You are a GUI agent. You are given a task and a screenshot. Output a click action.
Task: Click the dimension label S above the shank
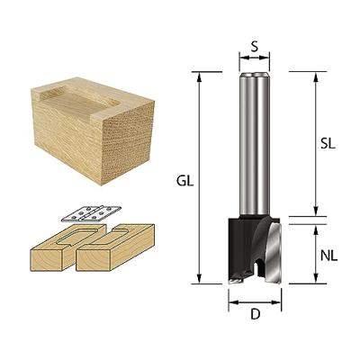(x=254, y=47)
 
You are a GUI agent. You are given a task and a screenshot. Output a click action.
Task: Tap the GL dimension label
(x=184, y=182)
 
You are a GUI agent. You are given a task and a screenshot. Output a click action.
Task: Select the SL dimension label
(x=327, y=144)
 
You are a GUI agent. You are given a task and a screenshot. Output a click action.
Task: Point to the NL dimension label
(x=329, y=256)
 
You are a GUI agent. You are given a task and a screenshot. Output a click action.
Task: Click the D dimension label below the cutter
(x=255, y=314)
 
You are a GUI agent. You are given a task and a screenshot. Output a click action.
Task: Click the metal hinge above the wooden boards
(x=91, y=214)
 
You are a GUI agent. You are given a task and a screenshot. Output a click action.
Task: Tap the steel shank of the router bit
(x=255, y=144)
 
